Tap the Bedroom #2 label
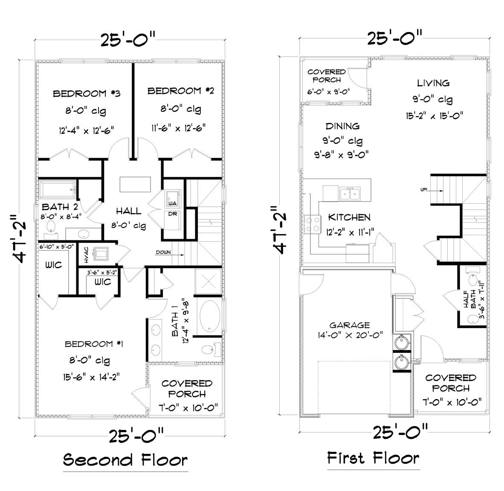click(x=180, y=91)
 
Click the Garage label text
click(x=349, y=325)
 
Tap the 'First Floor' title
click(x=373, y=458)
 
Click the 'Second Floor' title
click(x=125, y=460)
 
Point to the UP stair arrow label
click(x=423, y=190)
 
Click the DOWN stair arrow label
click(x=163, y=252)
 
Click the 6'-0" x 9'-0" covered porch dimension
click(x=329, y=91)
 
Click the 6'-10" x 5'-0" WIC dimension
click(x=57, y=246)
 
